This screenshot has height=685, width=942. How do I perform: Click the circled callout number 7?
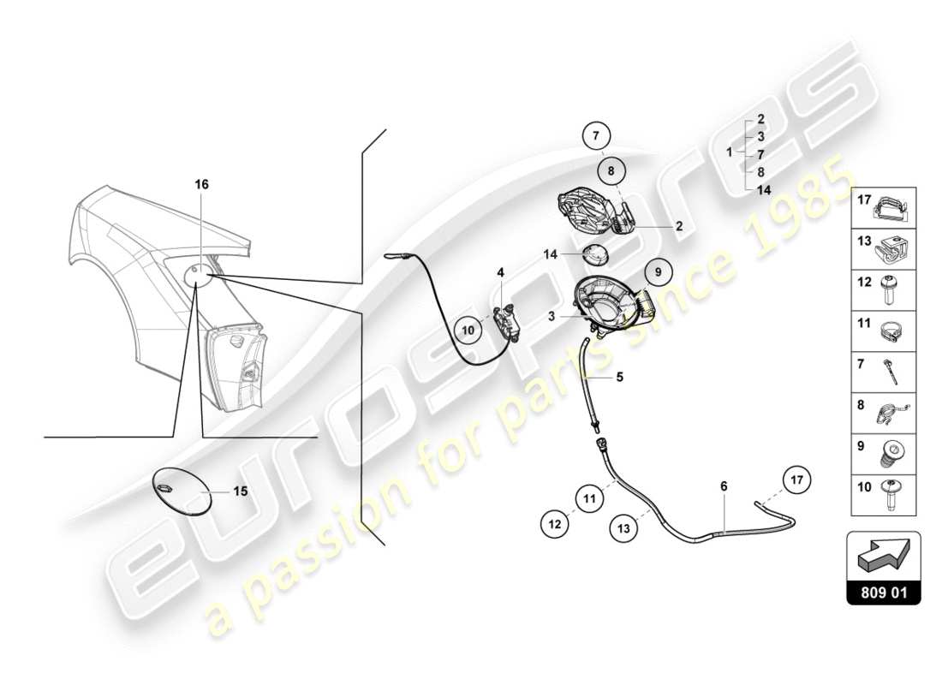[597, 136]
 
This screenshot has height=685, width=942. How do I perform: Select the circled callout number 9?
[659, 272]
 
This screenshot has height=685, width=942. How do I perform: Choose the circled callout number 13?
[623, 528]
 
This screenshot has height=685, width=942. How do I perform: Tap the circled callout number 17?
[797, 479]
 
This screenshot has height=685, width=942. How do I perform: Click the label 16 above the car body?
[201, 184]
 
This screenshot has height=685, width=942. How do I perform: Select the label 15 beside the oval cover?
[241, 491]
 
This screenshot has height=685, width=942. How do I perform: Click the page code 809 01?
[883, 591]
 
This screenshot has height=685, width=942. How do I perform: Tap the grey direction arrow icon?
[883, 554]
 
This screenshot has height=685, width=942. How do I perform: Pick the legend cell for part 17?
[883, 206]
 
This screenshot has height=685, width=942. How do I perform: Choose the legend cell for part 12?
[883, 287]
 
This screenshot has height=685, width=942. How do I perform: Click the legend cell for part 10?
[883, 494]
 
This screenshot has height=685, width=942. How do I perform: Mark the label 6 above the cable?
[724, 486]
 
